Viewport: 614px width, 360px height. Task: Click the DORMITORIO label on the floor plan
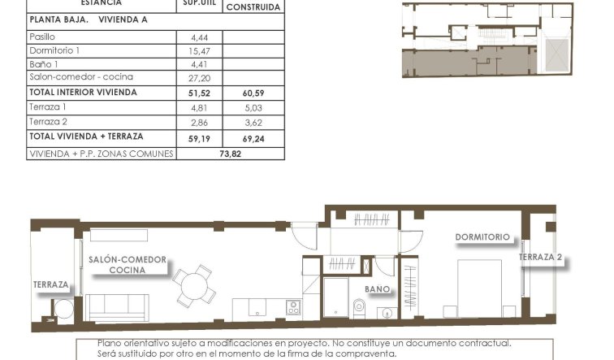pos(482,237)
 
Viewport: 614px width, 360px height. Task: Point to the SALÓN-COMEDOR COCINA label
pos(128,264)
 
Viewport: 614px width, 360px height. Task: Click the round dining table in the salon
pos(194,284)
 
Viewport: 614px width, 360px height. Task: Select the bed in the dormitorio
pos(480,288)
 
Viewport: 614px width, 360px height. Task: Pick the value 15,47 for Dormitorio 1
pos(199,50)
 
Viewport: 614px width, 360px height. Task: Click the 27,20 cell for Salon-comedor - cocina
pos(199,78)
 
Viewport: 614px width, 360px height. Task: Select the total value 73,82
pos(231,153)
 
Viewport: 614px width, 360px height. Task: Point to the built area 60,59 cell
pos(253,93)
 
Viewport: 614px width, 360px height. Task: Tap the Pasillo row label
pos(41,37)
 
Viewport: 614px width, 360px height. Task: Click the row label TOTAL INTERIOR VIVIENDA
pos(83,93)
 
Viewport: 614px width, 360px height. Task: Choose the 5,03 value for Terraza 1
pos(253,107)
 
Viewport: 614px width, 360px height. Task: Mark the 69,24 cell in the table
pos(253,138)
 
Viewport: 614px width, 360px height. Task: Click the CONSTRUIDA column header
pos(253,7)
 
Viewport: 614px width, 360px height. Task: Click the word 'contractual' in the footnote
pos(482,344)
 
